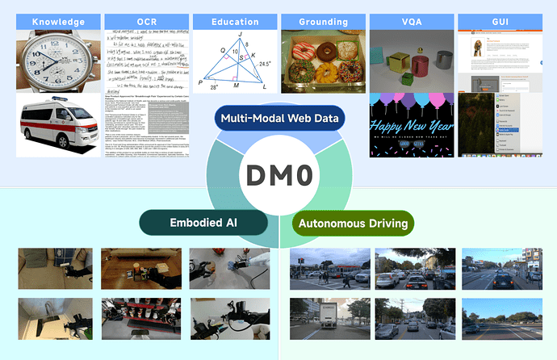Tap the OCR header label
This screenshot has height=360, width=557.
[146, 22]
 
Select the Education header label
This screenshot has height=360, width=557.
[235, 22]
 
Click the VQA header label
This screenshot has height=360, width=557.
[411, 22]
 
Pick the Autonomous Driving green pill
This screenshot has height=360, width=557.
[353, 223]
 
